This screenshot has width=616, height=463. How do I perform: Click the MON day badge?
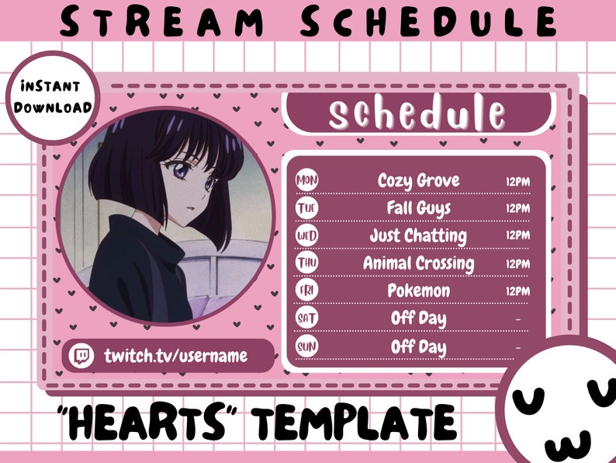click(307, 181)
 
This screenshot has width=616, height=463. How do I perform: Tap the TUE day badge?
click(307, 208)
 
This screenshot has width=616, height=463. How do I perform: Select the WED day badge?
click(307, 235)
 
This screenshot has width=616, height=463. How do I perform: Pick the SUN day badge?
click(307, 346)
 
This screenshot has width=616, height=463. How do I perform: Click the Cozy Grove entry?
click(418, 181)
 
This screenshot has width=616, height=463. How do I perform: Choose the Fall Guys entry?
click(418, 208)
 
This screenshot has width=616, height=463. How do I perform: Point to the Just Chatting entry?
click(418, 235)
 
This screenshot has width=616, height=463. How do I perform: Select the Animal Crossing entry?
click(418, 263)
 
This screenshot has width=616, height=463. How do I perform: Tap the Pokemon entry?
click(418, 291)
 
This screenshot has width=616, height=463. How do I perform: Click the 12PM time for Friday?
click(517, 291)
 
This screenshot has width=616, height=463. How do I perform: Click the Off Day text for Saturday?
click(418, 319)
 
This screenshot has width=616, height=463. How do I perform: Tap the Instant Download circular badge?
click(52, 97)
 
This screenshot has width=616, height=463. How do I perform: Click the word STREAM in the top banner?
click(143, 21)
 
